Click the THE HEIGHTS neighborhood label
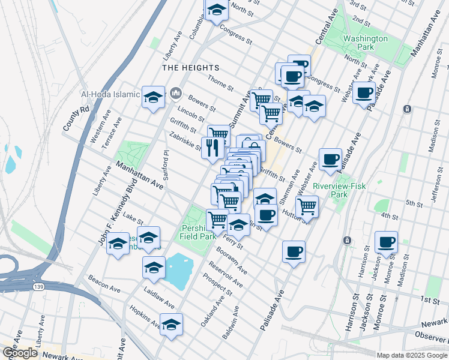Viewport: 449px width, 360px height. (x=191, y=68)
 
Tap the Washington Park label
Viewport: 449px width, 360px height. (x=365, y=43)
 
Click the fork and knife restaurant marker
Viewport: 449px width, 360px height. (x=212, y=147)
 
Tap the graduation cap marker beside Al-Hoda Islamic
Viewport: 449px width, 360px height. (x=153, y=96)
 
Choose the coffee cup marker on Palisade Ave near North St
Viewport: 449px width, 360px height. (x=364, y=93)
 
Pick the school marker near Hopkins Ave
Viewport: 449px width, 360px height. (x=171, y=324)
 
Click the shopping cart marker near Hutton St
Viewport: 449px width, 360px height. (x=307, y=206)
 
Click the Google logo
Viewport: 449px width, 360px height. (x=20, y=353)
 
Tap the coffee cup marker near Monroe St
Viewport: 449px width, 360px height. (x=386, y=242)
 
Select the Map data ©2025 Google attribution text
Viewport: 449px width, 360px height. (x=411, y=355)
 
